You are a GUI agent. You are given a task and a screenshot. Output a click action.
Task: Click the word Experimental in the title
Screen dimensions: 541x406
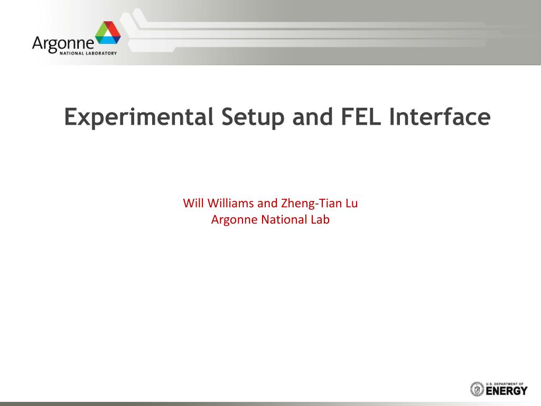(139, 117)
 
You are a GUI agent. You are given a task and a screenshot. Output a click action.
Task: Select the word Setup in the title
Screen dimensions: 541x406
(253, 117)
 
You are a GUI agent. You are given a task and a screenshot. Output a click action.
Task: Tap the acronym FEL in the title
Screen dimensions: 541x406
(361, 116)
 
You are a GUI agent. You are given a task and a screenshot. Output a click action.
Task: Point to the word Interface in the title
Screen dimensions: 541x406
(440, 116)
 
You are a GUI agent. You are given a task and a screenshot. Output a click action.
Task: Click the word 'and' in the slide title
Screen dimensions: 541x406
(313, 116)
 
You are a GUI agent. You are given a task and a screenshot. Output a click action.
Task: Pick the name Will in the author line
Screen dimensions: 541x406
(193, 203)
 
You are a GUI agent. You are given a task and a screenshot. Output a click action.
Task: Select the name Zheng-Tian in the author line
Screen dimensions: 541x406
(311, 204)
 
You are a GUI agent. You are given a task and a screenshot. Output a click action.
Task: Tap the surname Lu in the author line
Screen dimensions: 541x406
(351, 203)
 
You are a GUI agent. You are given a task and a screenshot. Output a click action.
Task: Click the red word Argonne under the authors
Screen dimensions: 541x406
(234, 220)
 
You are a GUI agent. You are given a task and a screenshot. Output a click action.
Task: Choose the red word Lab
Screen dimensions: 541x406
(320, 219)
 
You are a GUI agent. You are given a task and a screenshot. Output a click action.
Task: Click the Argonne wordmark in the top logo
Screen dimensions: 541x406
(63, 44)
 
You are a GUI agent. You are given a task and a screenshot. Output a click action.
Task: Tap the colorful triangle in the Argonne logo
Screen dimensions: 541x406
(108, 33)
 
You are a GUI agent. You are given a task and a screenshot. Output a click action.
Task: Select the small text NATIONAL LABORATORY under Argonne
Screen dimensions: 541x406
(88, 53)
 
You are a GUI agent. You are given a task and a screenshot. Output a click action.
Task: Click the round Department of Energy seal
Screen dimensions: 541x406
(477, 389)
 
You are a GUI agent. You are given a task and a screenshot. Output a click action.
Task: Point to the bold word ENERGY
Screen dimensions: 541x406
(507, 391)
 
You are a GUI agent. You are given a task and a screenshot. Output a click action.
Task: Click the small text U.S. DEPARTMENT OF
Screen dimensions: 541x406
(505, 384)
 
